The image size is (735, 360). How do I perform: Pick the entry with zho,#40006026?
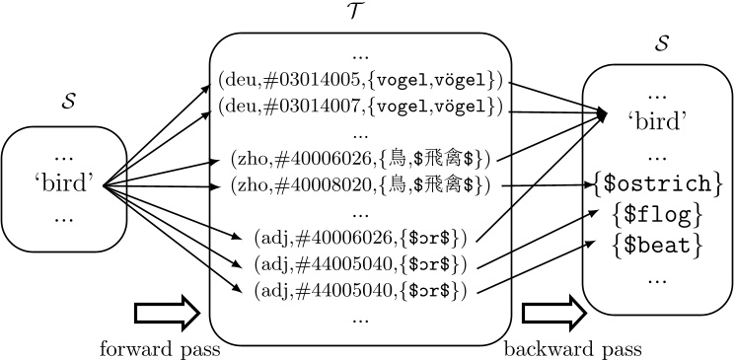coord(360,158)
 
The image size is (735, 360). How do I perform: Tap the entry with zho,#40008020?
coord(360,184)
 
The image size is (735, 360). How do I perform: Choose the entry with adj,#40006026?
coord(360,238)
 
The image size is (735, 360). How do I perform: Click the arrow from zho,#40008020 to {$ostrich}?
coord(550,184)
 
